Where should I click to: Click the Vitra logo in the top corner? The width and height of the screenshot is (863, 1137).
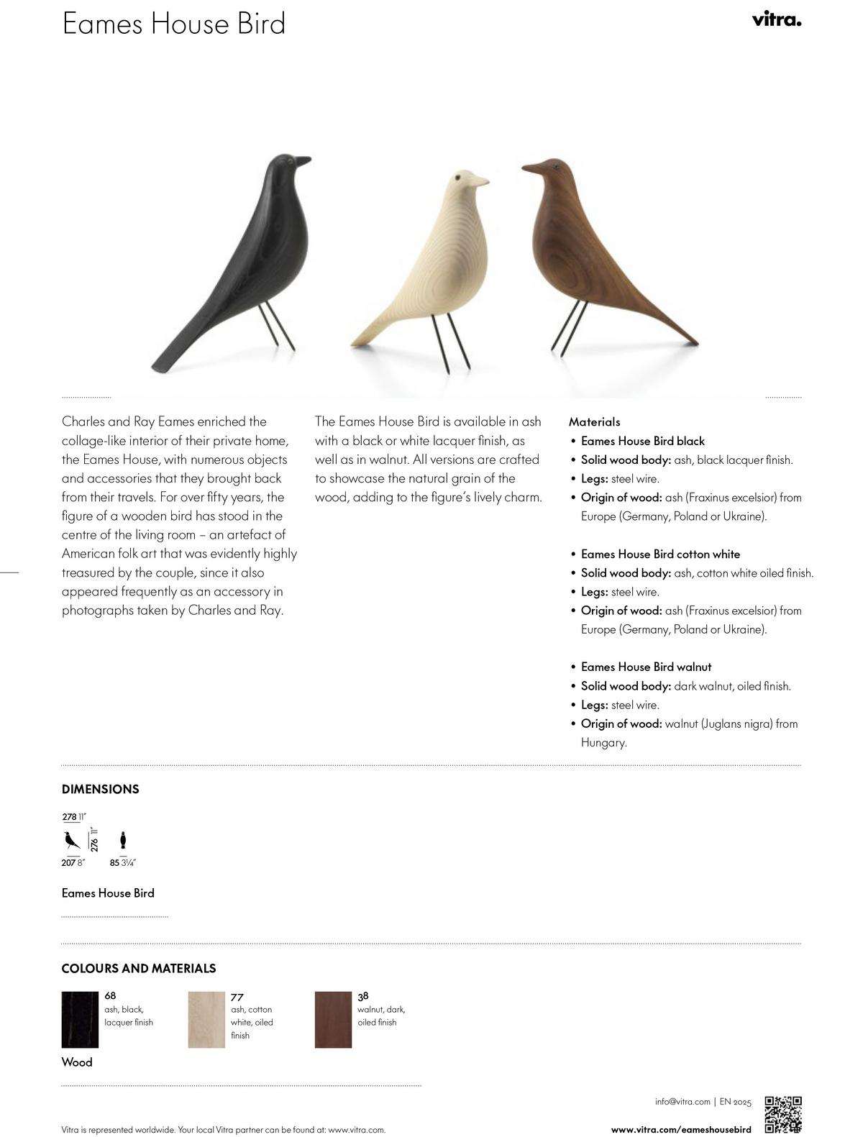pyautogui.click(x=776, y=20)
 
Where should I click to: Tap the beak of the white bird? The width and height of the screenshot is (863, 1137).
pyautogui.click(x=481, y=181)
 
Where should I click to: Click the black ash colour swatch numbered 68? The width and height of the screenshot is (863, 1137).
pyautogui.click(x=80, y=1019)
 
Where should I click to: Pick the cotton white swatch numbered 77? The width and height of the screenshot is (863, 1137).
pyautogui.click(x=206, y=1019)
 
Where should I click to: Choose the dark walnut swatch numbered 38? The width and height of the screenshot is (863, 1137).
pyautogui.click(x=333, y=1019)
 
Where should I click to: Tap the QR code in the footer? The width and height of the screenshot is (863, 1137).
pyautogui.click(x=782, y=1114)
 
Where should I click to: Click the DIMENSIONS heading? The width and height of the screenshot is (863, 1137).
pyautogui.click(x=100, y=789)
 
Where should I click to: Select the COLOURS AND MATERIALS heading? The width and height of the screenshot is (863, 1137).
pyautogui.click(x=138, y=968)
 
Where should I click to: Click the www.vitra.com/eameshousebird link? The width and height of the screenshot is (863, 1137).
pyautogui.click(x=681, y=1129)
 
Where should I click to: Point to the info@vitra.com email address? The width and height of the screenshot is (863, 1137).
pyautogui.click(x=682, y=1101)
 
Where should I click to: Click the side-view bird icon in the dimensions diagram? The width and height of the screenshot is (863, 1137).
pyautogui.click(x=72, y=840)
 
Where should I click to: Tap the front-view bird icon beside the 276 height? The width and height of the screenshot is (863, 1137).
pyautogui.click(x=123, y=839)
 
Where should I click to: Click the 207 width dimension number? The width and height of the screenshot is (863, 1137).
pyautogui.click(x=68, y=862)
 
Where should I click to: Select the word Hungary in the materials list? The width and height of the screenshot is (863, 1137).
pyautogui.click(x=603, y=742)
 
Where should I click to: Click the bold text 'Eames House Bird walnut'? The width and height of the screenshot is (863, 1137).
pyautogui.click(x=646, y=667)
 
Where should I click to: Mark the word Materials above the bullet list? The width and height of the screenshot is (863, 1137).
pyautogui.click(x=594, y=421)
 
